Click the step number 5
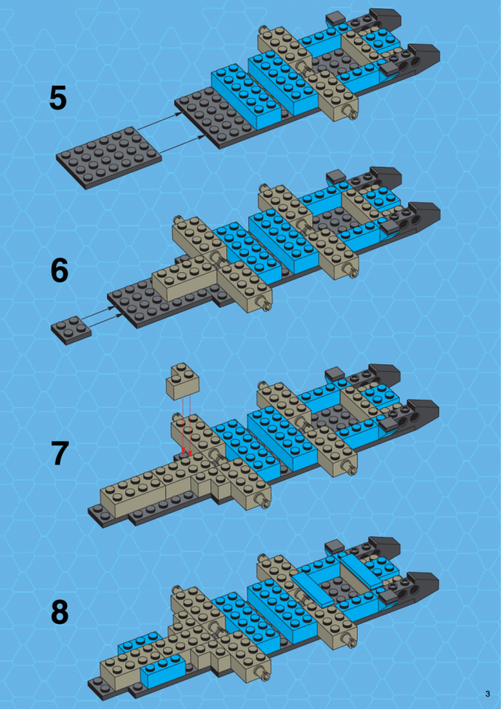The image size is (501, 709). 58,98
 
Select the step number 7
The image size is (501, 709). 59,453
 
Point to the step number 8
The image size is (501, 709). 60,612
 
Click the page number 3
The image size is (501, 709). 487,694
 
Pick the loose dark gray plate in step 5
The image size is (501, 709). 109,158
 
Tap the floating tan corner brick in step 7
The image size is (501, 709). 183,382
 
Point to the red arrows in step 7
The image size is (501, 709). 186,425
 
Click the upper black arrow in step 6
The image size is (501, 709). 99,313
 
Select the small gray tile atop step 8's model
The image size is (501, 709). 335,546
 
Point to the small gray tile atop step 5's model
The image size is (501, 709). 336,19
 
